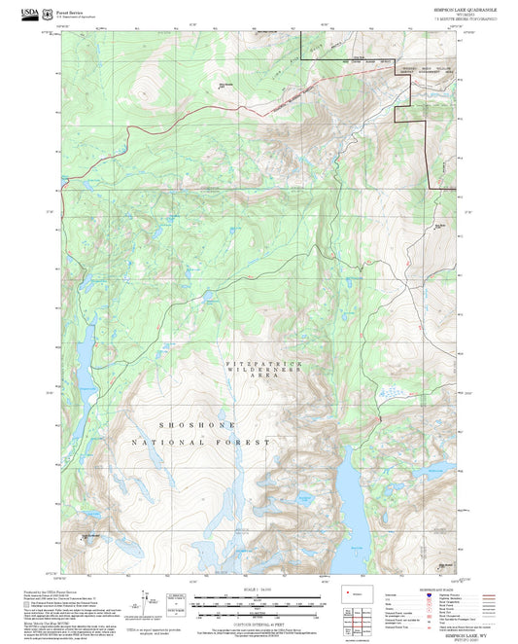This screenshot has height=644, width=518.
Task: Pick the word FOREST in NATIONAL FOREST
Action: tap(244, 443)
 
